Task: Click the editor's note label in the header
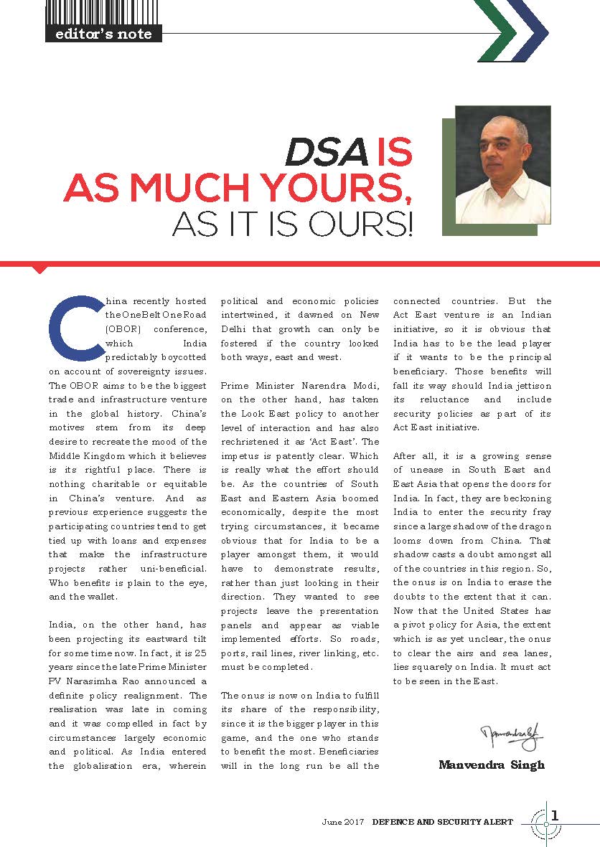[x=103, y=33]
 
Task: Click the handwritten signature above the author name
[x=512, y=736]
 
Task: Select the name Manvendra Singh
[x=492, y=765]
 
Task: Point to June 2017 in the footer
[x=344, y=822]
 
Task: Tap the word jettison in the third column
[x=530, y=385]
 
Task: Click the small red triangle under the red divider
[x=41, y=269]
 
